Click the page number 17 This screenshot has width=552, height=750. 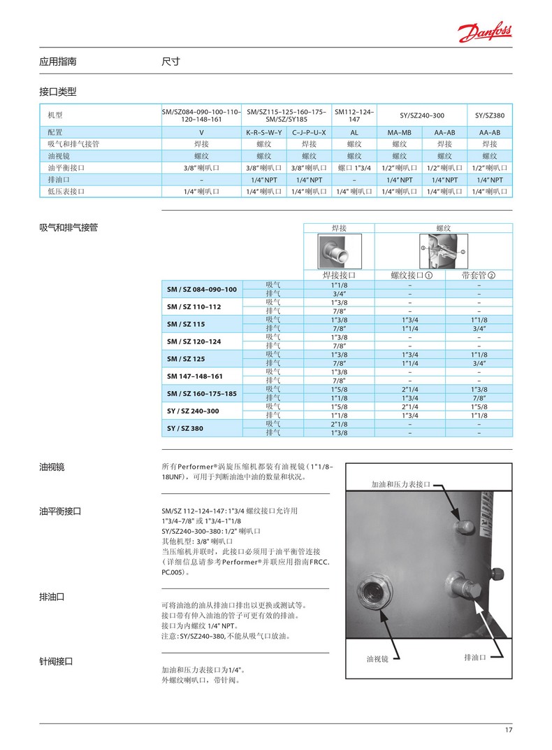tap(508, 731)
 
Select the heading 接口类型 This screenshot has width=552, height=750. tap(57, 92)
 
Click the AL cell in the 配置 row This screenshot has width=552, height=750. tap(354, 132)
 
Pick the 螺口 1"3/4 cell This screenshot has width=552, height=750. tap(354, 168)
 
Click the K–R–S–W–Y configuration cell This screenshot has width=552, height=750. tap(264, 132)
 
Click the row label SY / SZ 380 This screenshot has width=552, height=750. tap(185, 428)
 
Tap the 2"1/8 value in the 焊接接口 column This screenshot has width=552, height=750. tap(339, 423)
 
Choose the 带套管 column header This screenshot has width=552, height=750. tap(479, 275)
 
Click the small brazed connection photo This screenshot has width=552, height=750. tap(338, 249)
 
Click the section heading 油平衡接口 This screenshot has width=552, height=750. tap(61, 511)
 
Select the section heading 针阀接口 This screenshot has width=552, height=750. tap(57, 661)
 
